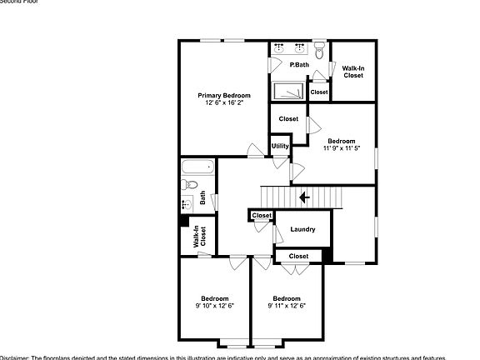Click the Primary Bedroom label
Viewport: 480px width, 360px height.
pos(223,95)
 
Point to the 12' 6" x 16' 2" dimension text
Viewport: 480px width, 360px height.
pos(223,102)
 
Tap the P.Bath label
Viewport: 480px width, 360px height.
pos(299,65)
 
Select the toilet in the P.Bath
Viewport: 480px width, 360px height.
pos(319,48)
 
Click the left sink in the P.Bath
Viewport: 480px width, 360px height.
pos(279,49)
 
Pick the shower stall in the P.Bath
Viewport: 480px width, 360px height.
pos(287,88)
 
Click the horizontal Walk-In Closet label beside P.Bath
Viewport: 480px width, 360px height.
pos(353,72)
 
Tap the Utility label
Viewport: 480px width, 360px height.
pos(280,146)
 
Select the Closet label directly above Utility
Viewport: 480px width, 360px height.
pos(288,118)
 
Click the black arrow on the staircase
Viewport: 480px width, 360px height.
pos(304,197)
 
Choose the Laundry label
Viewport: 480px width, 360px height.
pos(302,229)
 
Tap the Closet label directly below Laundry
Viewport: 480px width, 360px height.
pos(298,256)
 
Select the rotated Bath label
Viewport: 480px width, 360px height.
pos(202,199)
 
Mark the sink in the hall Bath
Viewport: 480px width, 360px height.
pos(186,203)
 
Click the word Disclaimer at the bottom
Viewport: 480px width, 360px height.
pos(15,357)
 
